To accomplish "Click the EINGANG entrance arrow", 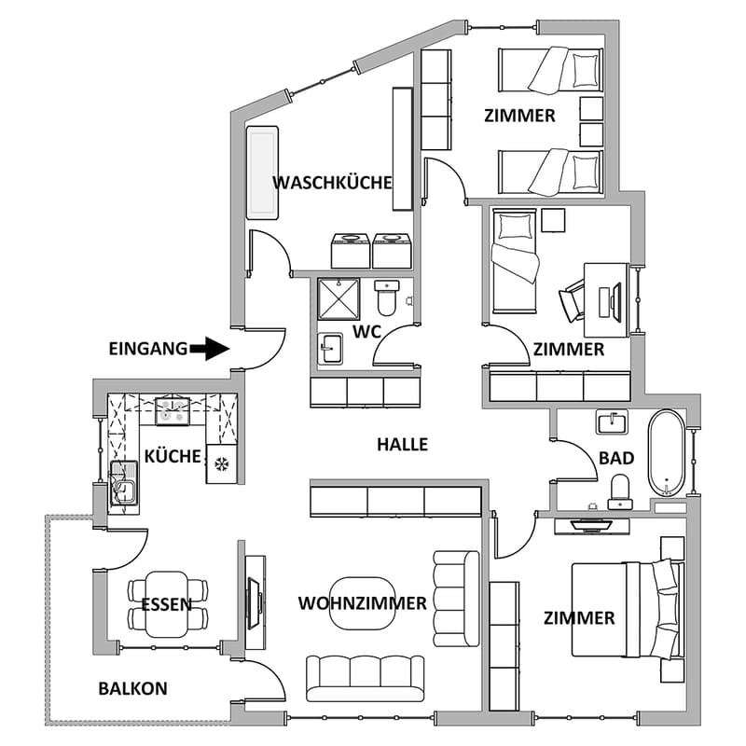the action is click(209, 349).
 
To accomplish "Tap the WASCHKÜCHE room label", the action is click(332, 183).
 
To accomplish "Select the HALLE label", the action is click(403, 445).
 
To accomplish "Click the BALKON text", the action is click(132, 688).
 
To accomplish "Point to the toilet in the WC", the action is click(387, 297).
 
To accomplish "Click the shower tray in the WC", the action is click(338, 298).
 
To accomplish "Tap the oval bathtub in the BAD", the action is click(667, 453).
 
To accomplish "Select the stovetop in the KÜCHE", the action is click(173, 411).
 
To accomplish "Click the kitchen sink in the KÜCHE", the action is click(123, 483).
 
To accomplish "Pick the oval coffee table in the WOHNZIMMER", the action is click(363, 603).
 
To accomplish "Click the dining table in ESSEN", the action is click(167, 604).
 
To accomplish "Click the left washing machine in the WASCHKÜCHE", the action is click(351, 251).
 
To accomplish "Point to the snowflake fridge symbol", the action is click(221, 463).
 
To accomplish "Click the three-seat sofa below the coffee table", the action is click(365, 679).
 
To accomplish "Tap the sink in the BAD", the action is click(612, 421).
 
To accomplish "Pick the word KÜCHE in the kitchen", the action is click(173, 456).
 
